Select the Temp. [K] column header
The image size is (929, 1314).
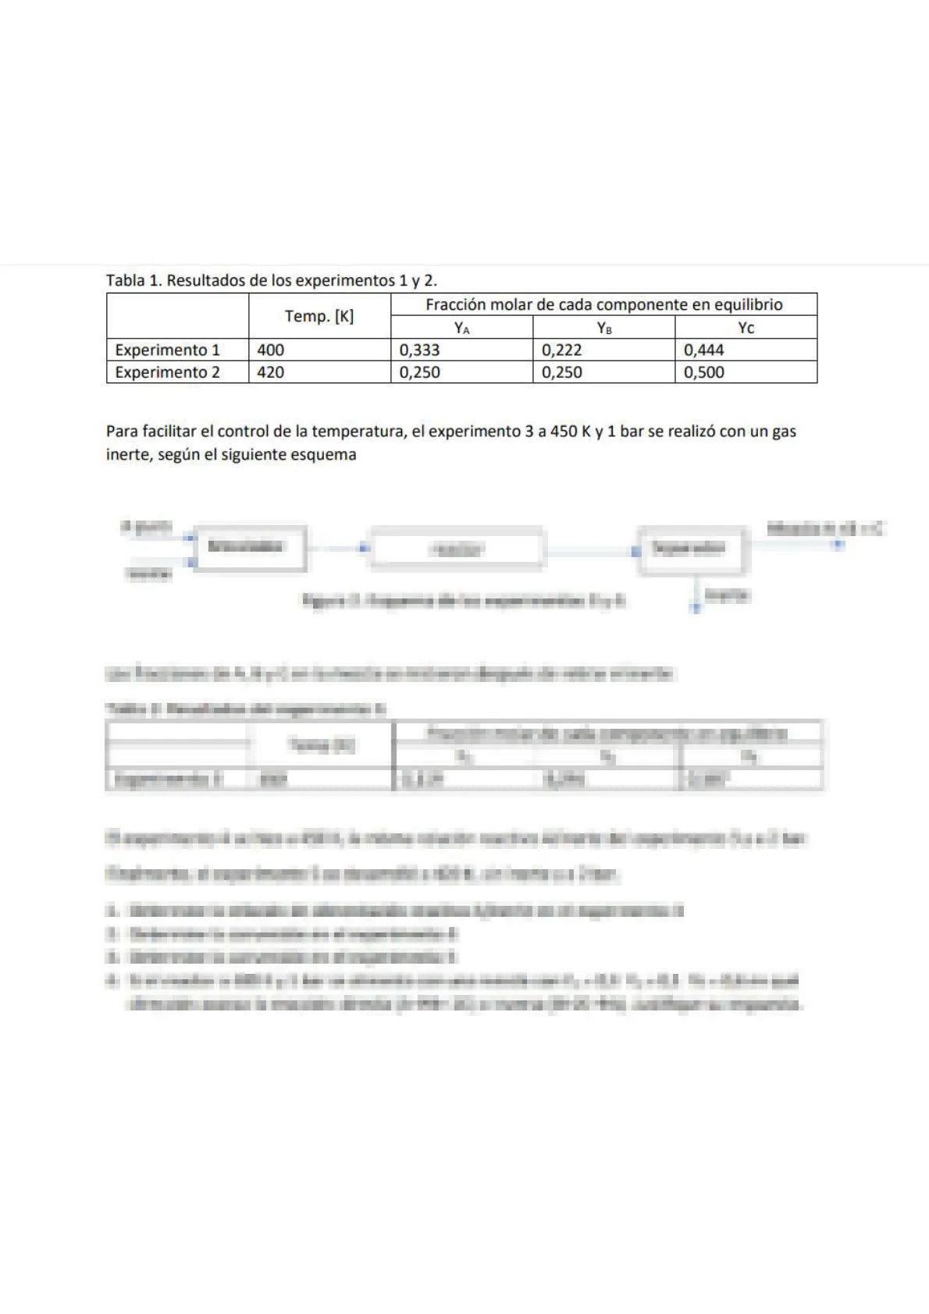[x=319, y=316]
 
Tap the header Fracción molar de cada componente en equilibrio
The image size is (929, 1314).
[x=603, y=304]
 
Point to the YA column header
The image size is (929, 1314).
[x=462, y=328]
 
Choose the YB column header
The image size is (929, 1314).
[x=604, y=328]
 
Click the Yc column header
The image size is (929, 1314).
[x=746, y=328]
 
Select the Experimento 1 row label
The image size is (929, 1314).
[x=167, y=350]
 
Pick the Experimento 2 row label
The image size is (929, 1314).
[x=167, y=372]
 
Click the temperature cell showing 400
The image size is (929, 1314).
[x=271, y=350]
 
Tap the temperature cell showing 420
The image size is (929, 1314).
[x=271, y=372]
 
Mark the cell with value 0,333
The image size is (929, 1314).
[x=419, y=350]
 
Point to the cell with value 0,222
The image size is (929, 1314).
[x=561, y=350]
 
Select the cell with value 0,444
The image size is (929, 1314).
[x=703, y=350]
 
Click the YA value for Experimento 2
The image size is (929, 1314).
[x=419, y=372]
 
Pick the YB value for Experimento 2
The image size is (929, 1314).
[x=561, y=372]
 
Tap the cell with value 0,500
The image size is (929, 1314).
[x=703, y=372]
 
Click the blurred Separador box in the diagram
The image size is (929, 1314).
[x=693, y=549]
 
